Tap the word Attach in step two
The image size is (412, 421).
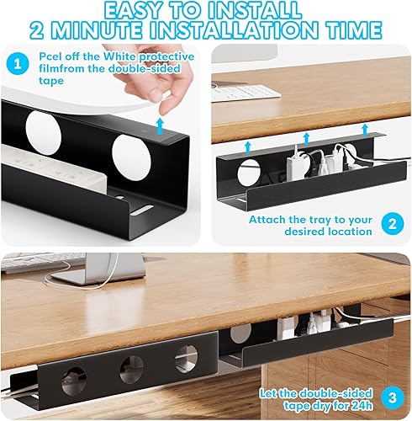click(x=268, y=220)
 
